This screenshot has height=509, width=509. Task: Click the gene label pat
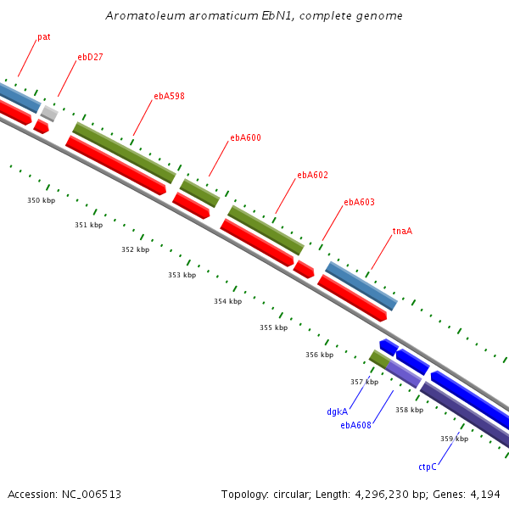[44, 37]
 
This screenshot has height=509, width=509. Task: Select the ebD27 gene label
[90, 58]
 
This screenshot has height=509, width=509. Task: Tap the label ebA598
[169, 96]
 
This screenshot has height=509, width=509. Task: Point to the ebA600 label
[245, 137]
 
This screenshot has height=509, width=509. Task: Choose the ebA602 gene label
[312, 175]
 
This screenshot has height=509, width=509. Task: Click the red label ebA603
[359, 202]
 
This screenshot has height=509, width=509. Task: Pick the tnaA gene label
[402, 231]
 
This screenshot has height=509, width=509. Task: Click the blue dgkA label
[337, 411]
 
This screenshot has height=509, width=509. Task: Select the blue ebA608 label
[356, 425]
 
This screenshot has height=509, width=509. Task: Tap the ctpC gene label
[428, 467]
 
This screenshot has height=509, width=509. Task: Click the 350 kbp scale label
[41, 200]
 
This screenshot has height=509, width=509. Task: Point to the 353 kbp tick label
[182, 275]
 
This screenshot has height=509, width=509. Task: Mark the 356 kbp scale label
[319, 355]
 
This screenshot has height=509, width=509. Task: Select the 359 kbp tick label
[454, 439]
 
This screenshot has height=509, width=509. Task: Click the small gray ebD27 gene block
[49, 113]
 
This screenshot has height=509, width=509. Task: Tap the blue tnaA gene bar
[361, 286]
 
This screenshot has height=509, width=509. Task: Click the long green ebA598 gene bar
[124, 153]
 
